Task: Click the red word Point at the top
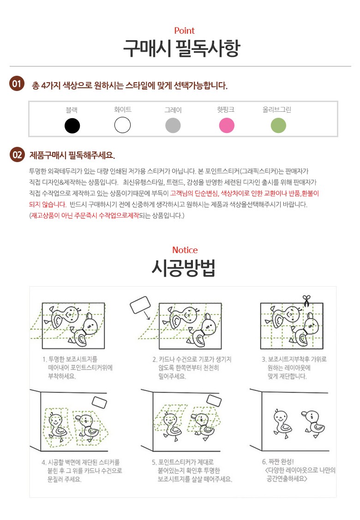click(184, 31)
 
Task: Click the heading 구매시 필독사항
click(182, 48)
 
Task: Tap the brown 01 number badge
click(17, 84)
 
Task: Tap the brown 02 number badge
click(17, 155)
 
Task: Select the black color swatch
click(72, 126)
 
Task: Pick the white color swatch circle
click(123, 125)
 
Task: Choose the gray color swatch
click(173, 125)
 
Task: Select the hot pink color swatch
click(227, 125)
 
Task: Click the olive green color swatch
click(278, 125)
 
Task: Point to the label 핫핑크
click(226, 109)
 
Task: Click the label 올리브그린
click(277, 109)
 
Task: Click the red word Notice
click(185, 250)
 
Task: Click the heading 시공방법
click(184, 268)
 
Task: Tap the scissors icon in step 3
click(306, 301)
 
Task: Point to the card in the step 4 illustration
click(99, 402)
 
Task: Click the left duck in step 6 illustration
click(282, 424)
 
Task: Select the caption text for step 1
click(78, 368)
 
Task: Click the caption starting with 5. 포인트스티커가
click(192, 471)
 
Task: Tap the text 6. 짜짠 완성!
click(278, 462)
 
